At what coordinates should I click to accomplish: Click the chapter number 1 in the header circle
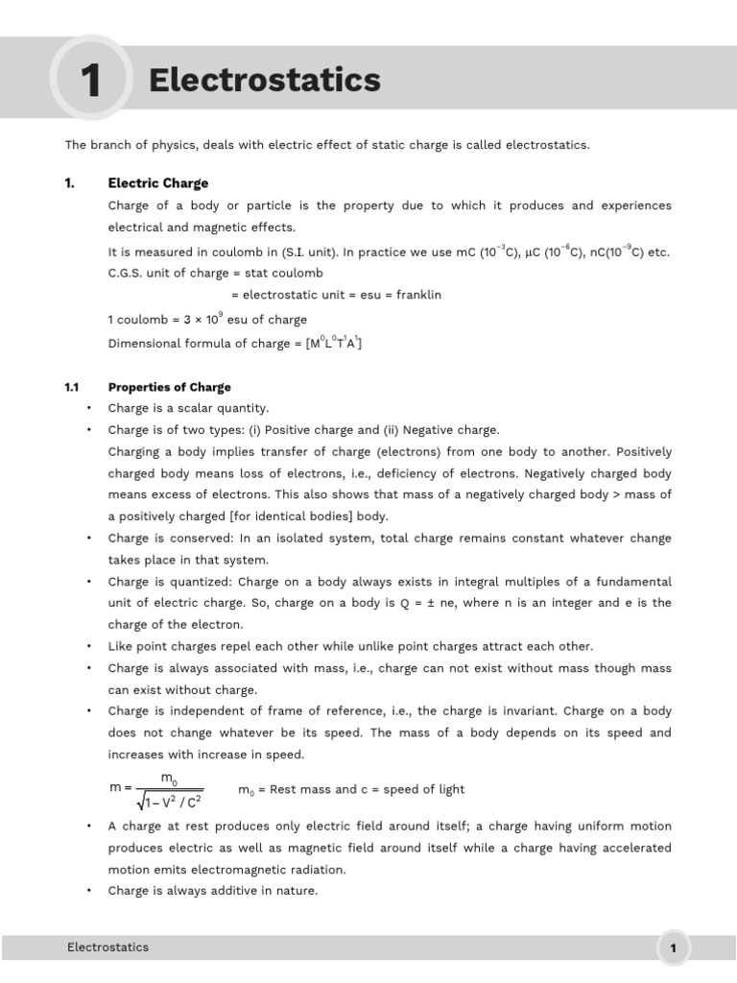coord(90,81)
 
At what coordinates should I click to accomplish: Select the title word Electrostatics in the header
coord(265,81)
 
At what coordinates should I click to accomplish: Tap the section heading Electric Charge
coord(157,183)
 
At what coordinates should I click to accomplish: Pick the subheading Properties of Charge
coord(169,387)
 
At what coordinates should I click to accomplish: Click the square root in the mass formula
coord(171,799)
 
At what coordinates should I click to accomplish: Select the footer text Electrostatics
coord(107,947)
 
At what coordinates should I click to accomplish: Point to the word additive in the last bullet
coord(229,890)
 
